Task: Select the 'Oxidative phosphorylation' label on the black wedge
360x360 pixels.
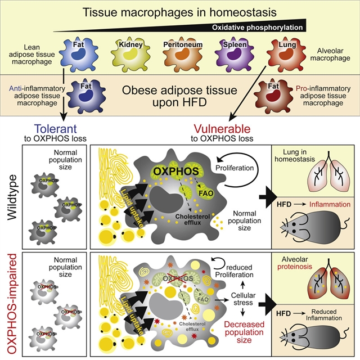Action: [259, 26]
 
